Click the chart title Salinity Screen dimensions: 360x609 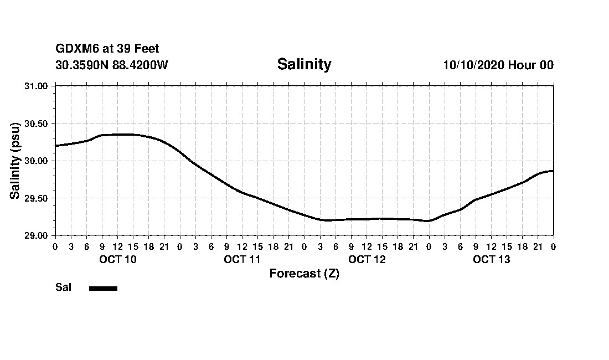(304, 64)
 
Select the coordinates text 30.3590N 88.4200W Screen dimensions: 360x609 (111, 65)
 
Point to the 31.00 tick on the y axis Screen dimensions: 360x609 (37, 86)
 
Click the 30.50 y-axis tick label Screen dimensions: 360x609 (37, 124)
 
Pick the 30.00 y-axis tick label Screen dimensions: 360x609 (37, 161)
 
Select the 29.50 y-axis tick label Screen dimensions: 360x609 (37, 198)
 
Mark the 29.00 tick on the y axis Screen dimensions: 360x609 (37, 235)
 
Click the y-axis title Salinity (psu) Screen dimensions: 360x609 (15, 161)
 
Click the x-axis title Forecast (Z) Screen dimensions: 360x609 (304, 274)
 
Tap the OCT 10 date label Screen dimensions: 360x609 (117, 260)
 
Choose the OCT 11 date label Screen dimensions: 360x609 (242, 260)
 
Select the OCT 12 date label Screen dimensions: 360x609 (367, 260)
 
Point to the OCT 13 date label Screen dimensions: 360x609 (491, 260)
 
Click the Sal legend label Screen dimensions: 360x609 (63, 287)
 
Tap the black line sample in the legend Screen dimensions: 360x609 (103, 288)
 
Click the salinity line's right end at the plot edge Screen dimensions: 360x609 (553, 171)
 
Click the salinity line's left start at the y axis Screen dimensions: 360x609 (56, 146)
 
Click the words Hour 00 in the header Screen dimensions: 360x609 (531, 65)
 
